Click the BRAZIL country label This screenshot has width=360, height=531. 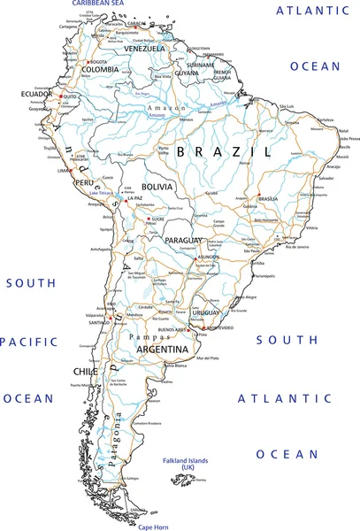coord(223,152)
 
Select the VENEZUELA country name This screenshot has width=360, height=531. coord(142,49)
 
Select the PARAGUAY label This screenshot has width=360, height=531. coord(186,240)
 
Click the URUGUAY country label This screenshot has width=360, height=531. coord(206,312)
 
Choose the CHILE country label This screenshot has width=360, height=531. coord(85,372)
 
